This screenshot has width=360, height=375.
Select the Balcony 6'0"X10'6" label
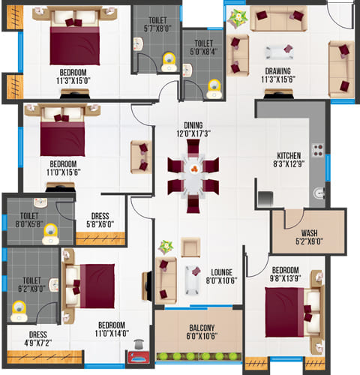(202, 331)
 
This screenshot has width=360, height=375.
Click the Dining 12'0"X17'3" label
(193, 129)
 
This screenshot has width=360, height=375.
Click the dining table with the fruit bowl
(193, 176)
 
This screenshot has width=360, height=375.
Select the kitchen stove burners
(318, 150)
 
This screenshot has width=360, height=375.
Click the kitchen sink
(319, 193)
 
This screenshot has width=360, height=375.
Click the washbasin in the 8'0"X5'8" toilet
(40, 202)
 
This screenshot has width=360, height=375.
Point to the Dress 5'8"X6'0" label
(100, 220)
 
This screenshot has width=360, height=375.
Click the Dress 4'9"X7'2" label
(38, 339)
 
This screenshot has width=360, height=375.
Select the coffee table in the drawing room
(279, 52)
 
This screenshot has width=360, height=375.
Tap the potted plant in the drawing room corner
(238, 18)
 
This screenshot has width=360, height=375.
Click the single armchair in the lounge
(190, 247)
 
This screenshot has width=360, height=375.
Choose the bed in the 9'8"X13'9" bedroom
(292, 312)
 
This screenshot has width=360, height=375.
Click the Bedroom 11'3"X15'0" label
(73, 76)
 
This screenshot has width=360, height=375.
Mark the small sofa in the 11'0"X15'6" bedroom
(141, 157)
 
